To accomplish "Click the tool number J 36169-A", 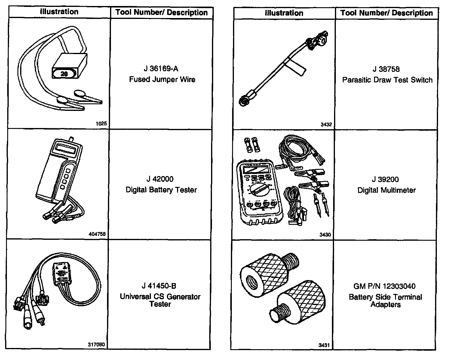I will coord(161,69).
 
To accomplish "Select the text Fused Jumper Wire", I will coord(162,80).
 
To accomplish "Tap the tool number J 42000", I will coord(160,179).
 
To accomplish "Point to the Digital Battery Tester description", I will coord(161,190).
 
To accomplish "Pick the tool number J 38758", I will coord(386,69).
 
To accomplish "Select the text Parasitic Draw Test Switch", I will coord(387,80).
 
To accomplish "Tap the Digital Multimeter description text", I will coord(386,190).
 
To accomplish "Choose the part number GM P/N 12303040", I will coord(385,286).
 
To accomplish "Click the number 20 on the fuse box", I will coord(65,73).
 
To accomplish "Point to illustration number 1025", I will coord(101,124).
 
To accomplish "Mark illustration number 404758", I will coord(97,234).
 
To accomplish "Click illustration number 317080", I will coord(97,345).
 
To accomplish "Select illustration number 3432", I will coord(326,124).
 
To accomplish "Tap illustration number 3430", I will coord(325,235).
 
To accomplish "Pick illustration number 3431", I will coord(324,345).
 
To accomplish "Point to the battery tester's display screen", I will coord(67,148).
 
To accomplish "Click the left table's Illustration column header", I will coord(59,12).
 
